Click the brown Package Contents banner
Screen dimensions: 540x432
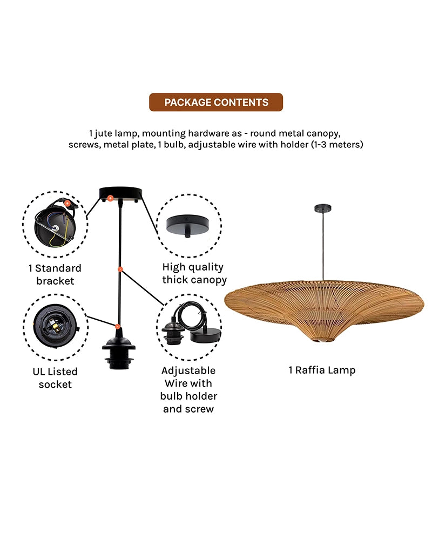(x=216, y=102)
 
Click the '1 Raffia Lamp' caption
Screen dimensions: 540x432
(x=322, y=370)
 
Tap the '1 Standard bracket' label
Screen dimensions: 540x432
(x=55, y=274)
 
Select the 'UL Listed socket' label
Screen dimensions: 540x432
(x=55, y=378)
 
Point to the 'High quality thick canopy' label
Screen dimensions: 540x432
(x=193, y=273)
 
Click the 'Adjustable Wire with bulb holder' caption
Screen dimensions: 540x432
(x=188, y=389)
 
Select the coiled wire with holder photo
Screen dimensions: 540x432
(x=189, y=327)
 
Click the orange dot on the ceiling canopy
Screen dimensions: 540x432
(x=110, y=198)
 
